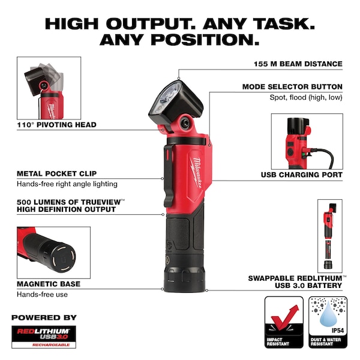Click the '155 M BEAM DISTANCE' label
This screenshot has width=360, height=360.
pos(298,64)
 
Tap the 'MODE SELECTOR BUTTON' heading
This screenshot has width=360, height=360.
pos(292,87)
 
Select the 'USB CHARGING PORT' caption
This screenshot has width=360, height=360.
pos(301,175)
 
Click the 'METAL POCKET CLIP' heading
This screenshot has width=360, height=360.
pos(57,173)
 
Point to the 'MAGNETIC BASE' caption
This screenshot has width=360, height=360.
pos(49,284)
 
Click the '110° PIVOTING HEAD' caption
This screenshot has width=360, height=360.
pos(57,125)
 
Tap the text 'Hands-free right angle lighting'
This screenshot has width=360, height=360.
pos(67,184)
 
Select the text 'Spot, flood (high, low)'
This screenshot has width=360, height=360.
pos(306,97)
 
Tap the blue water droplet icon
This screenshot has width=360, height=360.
pos(328,314)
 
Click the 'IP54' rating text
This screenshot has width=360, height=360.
pos(338,331)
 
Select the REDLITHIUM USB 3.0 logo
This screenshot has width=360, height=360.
pos(44,337)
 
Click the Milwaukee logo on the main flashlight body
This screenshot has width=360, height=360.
pos(196,173)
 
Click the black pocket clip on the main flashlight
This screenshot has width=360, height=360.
pos(168,176)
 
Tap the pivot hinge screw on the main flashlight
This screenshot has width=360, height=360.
pos(185,124)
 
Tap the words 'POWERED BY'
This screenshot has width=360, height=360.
pos(44,317)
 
